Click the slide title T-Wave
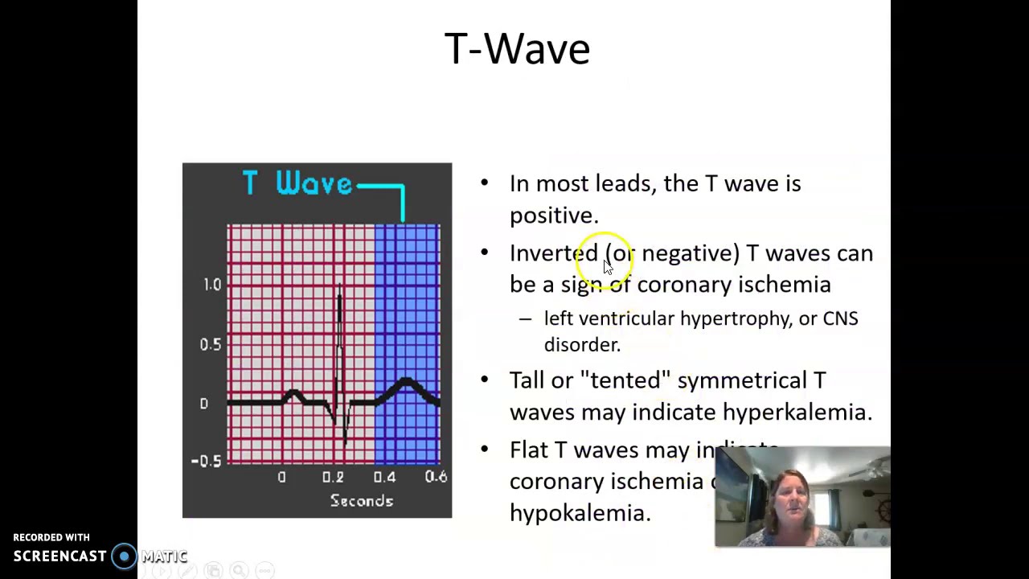point(517,49)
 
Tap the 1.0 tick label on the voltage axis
point(211,285)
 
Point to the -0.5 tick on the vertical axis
point(206,461)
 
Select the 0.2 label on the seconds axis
point(333,477)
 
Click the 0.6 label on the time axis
point(436,477)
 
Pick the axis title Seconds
point(361,501)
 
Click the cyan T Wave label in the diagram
point(297,184)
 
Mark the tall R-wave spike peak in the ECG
point(340,289)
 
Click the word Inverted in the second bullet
point(553,253)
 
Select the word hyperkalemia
point(796,413)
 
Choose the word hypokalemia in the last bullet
point(580,513)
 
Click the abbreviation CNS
point(840,318)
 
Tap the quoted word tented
point(625,380)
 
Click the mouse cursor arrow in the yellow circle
point(608,267)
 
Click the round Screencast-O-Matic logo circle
point(124,556)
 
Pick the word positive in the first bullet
point(553,216)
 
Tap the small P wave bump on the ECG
point(293,394)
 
